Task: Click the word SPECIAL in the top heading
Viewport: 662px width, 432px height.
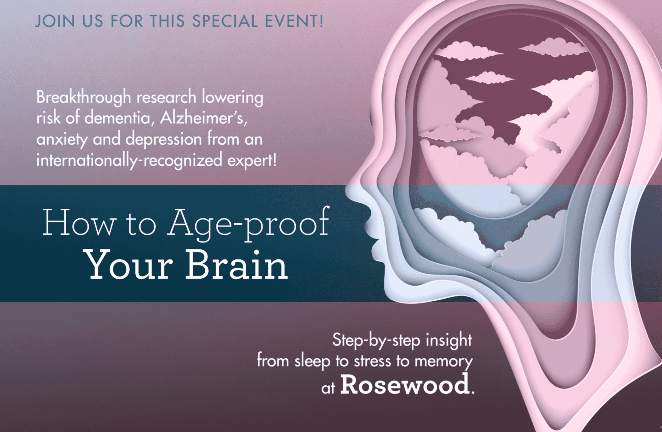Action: point(225,21)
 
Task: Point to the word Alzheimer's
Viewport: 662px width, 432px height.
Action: point(204,118)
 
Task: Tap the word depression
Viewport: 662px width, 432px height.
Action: point(164,139)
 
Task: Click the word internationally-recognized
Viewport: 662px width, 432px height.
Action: point(129,160)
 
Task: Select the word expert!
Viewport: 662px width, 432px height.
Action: point(252,160)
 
